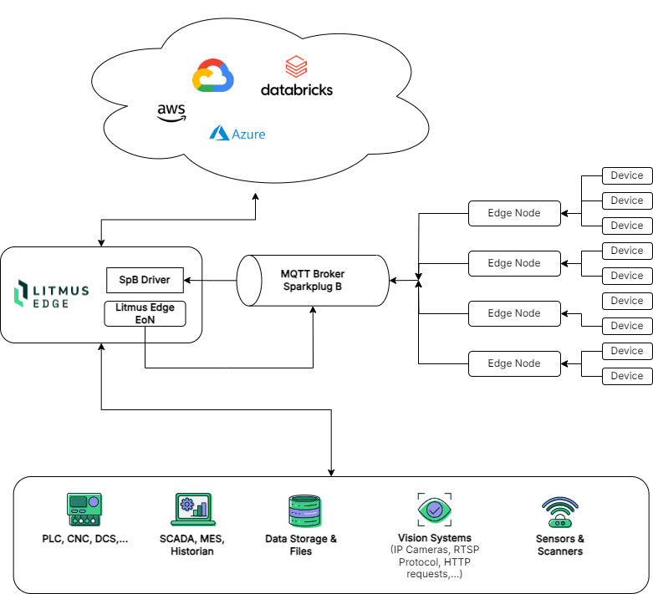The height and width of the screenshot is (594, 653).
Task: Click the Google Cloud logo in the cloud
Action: (213, 75)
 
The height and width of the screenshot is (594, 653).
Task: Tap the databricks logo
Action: (297, 77)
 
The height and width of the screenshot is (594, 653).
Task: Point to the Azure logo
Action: (237, 133)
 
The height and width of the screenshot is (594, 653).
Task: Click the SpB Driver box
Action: (145, 280)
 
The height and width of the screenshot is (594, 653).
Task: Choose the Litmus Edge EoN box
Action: (145, 313)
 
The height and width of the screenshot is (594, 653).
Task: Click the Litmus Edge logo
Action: (52, 295)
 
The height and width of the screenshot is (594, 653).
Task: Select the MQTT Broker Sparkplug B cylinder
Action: (313, 280)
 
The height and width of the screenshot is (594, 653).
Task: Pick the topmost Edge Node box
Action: (514, 213)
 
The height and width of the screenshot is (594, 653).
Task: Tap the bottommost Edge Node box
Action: (514, 363)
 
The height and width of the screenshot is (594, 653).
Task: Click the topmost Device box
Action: (627, 175)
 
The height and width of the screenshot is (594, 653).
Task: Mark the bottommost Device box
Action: (627, 376)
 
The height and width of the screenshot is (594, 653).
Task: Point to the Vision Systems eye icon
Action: (435, 509)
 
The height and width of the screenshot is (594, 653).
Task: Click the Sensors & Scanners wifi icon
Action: (560, 511)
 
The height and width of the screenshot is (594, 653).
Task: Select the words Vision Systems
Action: (435, 538)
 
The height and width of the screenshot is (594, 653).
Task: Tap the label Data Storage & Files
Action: (301, 545)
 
